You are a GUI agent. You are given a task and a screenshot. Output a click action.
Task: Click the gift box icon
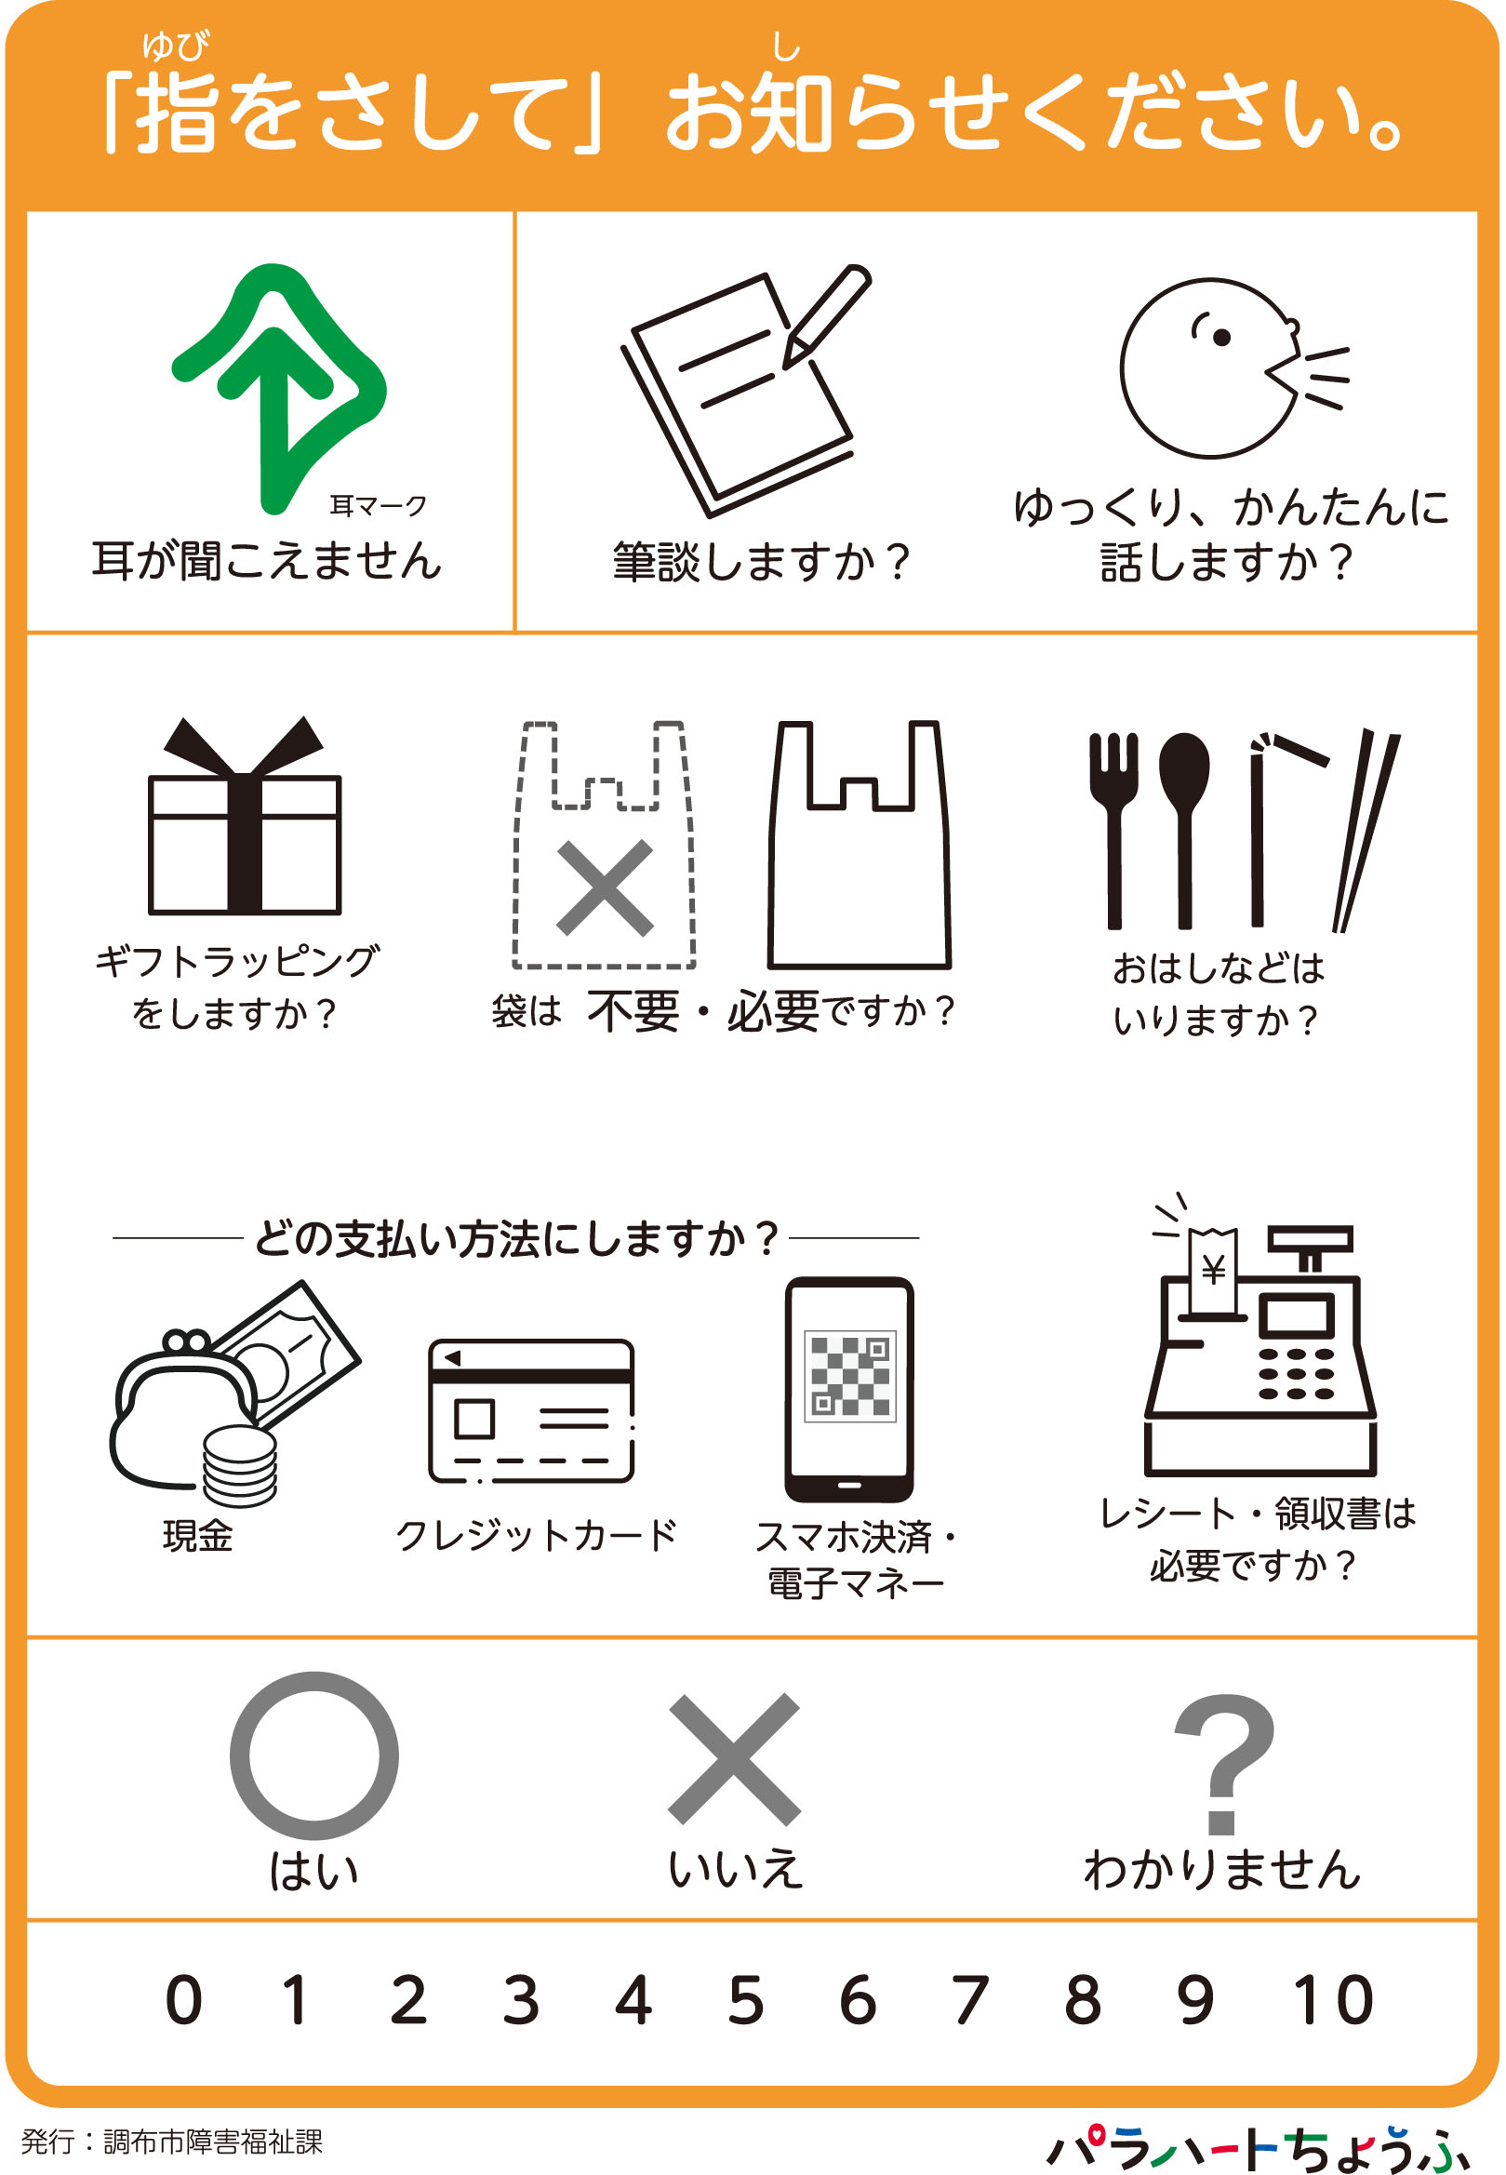(244, 815)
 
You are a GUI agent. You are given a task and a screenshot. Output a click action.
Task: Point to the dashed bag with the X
(604, 846)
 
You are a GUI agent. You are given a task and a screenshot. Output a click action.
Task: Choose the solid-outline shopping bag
(860, 846)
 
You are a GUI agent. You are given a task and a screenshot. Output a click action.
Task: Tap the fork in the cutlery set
(1114, 831)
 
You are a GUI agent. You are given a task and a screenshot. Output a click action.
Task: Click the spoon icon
(1184, 831)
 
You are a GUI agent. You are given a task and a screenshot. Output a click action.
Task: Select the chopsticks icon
(1366, 831)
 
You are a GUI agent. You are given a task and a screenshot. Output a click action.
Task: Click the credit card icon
(531, 1410)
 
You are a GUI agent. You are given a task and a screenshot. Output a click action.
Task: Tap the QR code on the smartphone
(850, 1377)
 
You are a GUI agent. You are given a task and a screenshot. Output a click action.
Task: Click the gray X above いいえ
(734, 1759)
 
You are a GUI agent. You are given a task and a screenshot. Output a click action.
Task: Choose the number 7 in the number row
(970, 1999)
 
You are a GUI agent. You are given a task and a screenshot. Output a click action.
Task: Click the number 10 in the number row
(1333, 1999)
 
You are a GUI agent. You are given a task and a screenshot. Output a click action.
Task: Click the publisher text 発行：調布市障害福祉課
(172, 2141)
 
